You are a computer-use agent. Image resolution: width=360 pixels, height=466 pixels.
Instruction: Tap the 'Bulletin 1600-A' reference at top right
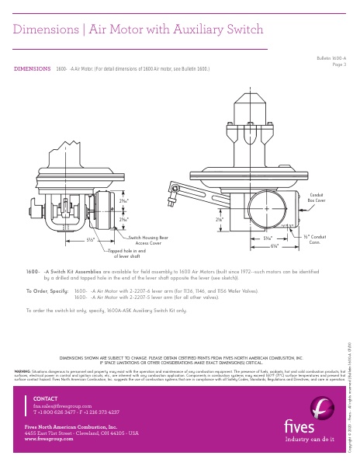point(331,58)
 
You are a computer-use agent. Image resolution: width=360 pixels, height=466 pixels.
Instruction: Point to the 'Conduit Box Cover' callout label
point(317,198)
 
